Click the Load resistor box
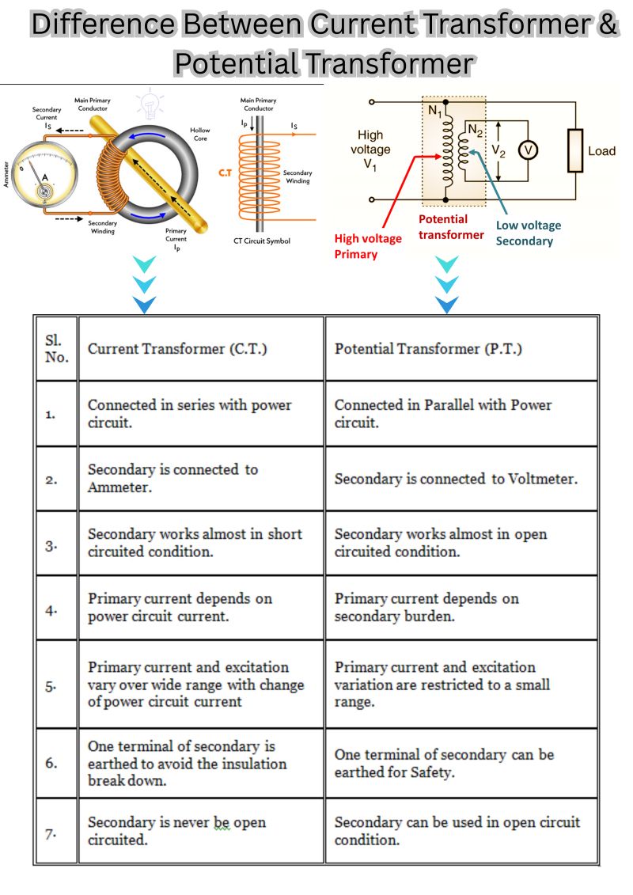(575, 150)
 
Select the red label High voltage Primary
(368, 246)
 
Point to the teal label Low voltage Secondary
(528, 233)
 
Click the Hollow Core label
(200, 135)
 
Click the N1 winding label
(435, 111)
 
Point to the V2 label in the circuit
(498, 150)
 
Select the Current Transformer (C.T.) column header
(177, 349)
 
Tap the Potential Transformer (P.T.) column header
(428, 349)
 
